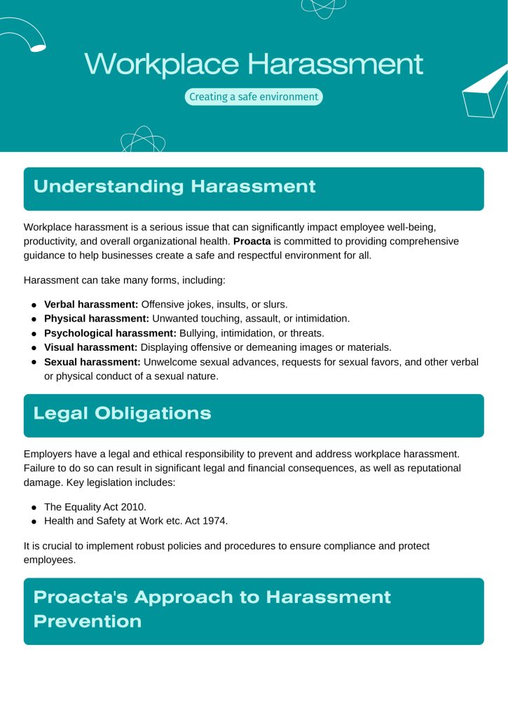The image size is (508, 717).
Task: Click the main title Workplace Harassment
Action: tap(254, 64)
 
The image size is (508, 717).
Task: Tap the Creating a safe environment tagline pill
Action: tap(254, 97)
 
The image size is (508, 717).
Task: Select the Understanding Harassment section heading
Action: tap(174, 187)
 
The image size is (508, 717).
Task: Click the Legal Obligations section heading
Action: tap(122, 413)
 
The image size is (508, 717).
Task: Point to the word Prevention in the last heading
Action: tap(88, 621)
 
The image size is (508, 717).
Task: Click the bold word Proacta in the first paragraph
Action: tap(252, 241)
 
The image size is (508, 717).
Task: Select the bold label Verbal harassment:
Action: tap(91, 305)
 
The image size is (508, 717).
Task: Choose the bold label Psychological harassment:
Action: tap(111, 333)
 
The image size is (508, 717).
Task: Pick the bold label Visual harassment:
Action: tap(90, 347)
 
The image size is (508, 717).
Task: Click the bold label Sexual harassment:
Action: tap(92, 361)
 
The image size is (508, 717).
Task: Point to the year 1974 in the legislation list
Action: tap(215, 521)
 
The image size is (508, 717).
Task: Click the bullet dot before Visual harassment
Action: tap(34, 348)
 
